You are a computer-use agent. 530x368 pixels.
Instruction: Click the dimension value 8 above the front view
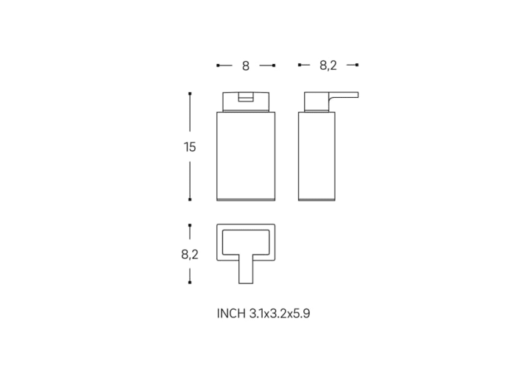[246, 66]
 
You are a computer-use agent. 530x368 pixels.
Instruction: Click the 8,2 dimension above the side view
[328, 66]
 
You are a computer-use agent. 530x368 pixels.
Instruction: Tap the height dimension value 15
[190, 147]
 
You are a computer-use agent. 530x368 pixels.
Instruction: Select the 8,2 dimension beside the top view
[190, 254]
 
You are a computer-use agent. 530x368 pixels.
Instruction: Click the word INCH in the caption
[231, 314]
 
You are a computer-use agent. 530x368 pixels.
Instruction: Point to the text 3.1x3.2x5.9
[280, 314]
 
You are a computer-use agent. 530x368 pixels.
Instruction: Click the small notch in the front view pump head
[246, 96]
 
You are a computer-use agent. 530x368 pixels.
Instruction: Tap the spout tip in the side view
[357, 95]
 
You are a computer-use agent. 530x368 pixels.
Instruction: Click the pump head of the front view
[246, 102]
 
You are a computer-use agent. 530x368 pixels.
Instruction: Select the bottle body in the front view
[246, 157]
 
